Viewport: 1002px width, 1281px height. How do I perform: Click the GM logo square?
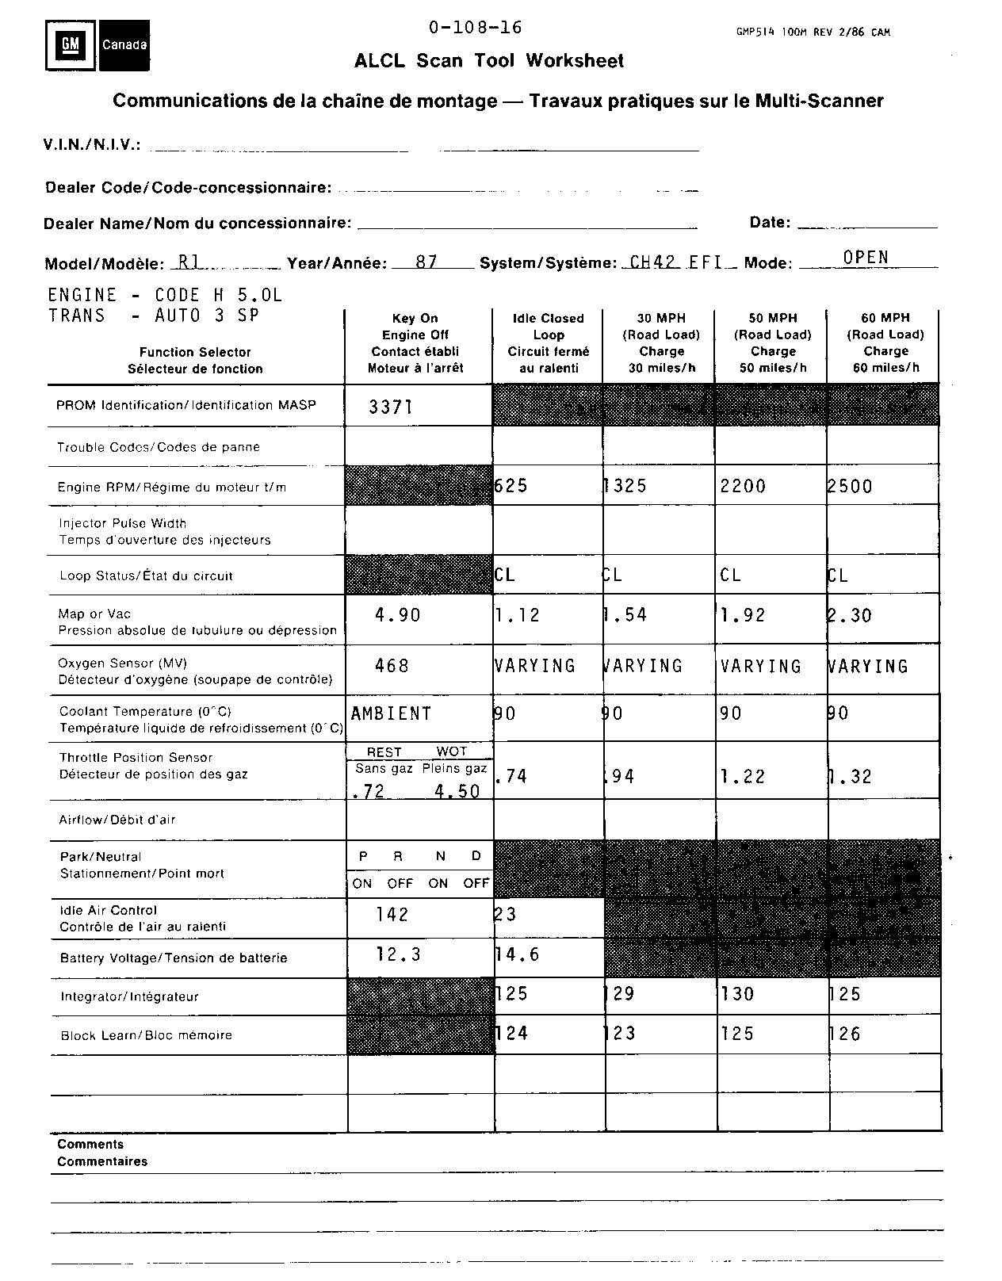71,45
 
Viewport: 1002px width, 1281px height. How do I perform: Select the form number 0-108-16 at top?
476,28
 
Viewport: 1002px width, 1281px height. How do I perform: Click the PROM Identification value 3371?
391,407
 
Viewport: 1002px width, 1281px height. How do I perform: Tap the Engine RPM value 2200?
743,486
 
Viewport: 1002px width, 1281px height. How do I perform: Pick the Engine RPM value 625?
511,485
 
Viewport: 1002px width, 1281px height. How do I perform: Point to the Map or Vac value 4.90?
397,615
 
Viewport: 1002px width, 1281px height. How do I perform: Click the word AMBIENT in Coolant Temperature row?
391,713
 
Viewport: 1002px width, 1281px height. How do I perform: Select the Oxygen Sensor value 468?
392,665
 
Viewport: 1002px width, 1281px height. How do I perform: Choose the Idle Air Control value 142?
392,915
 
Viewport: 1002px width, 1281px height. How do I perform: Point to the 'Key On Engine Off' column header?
415,342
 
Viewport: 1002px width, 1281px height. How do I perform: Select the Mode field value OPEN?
866,257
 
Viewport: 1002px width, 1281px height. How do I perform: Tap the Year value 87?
426,262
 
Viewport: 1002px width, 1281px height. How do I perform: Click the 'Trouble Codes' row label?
159,447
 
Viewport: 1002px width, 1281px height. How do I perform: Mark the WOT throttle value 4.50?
457,791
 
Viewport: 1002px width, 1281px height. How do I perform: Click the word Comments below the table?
90,1144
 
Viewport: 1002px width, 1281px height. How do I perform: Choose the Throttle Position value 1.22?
743,777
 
